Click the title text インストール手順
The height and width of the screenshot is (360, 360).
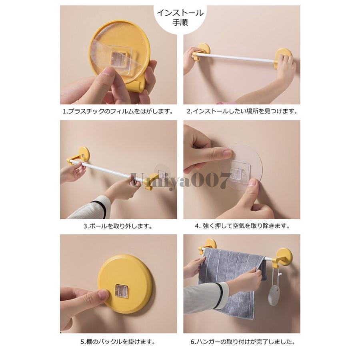click(x=180, y=17)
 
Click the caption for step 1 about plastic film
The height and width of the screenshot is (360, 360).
click(x=118, y=111)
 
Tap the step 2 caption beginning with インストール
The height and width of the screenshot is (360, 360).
click(x=242, y=111)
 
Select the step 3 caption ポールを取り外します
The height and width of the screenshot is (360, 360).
click(x=118, y=226)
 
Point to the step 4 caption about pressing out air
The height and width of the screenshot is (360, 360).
click(x=242, y=226)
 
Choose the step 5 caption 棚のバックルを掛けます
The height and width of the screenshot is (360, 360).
click(x=118, y=342)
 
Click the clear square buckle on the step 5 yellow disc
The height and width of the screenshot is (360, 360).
click(x=122, y=291)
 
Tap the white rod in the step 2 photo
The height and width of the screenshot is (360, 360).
click(x=236, y=58)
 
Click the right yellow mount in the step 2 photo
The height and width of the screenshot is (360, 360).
click(x=283, y=56)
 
